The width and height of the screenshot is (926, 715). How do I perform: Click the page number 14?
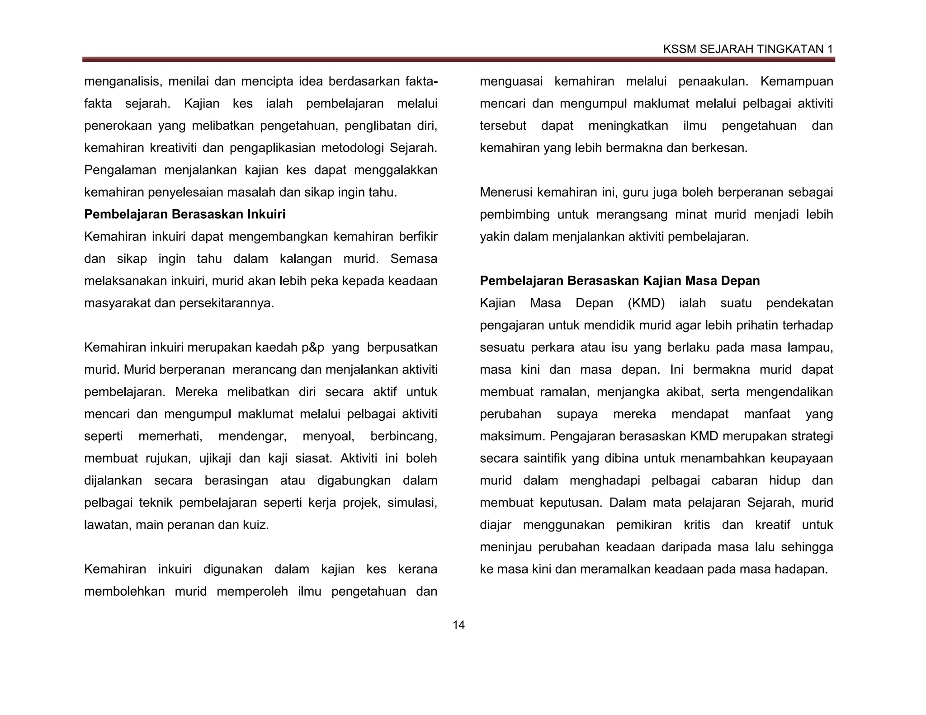coord(458,625)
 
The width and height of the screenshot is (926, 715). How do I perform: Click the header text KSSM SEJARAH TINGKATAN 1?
coord(747,49)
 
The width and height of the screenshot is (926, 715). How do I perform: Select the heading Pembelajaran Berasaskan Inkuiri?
coord(184,214)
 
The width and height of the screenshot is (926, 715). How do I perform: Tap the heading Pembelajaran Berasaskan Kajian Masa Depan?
coord(619,281)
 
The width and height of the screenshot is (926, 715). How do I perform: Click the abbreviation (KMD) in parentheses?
coord(646,303)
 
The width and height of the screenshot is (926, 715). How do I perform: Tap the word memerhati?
coord(170,436)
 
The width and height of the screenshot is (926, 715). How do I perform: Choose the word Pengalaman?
coord(120,170)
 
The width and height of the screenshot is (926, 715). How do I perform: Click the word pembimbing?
coord(515,215)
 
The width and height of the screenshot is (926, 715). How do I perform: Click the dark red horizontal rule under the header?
coord(458,60)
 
